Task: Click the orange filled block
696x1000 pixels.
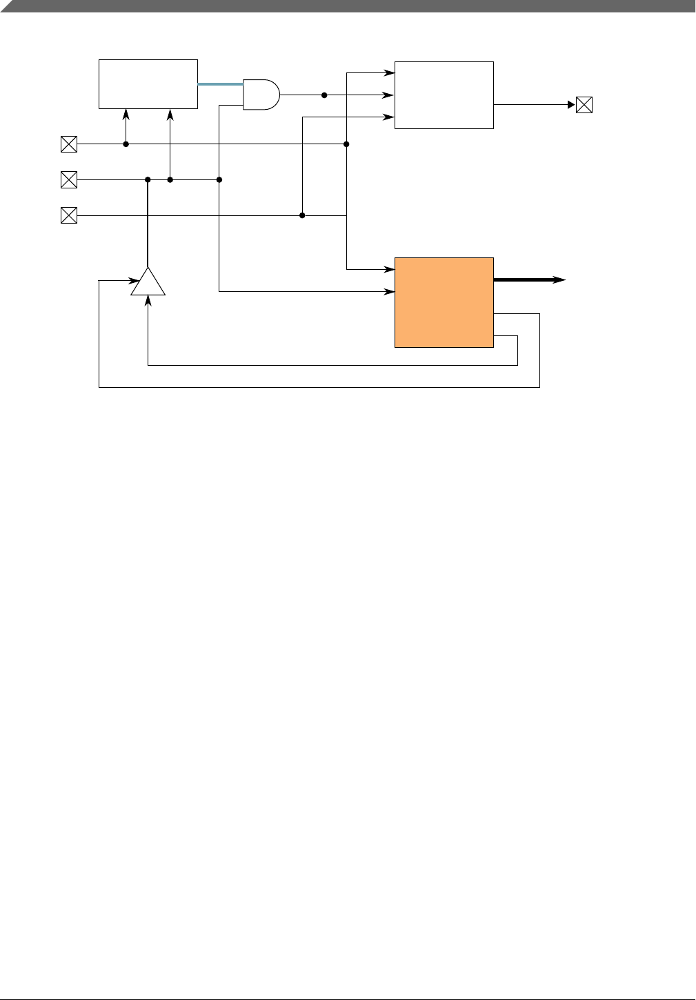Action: click(x=444, y=302)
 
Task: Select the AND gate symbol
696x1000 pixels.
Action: click(x=261, y=94)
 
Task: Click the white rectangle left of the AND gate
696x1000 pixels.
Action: click(x=148, y=84)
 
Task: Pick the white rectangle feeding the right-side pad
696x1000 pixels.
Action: click(x=444, y=95)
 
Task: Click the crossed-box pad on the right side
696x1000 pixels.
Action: click(x=584, y=105)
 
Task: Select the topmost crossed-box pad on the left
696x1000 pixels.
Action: click(x=69, y=144)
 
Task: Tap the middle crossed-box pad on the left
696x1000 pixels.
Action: click(x=69, y=180)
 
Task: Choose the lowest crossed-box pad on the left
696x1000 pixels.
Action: click(x=69, y=216)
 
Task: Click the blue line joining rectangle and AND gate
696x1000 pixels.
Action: click(x=220, y=84)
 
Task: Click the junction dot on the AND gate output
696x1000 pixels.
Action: click(x=324, y=95)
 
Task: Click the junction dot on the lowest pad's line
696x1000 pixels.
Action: click(x=302, y=216)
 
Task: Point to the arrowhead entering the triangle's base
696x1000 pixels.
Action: click(x=148, y=301)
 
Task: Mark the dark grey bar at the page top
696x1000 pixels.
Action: click(x=348, y=6)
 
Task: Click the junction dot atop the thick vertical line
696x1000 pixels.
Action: click(x=148, y=180)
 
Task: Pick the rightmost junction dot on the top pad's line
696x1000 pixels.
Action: click(x=346, y=144)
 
